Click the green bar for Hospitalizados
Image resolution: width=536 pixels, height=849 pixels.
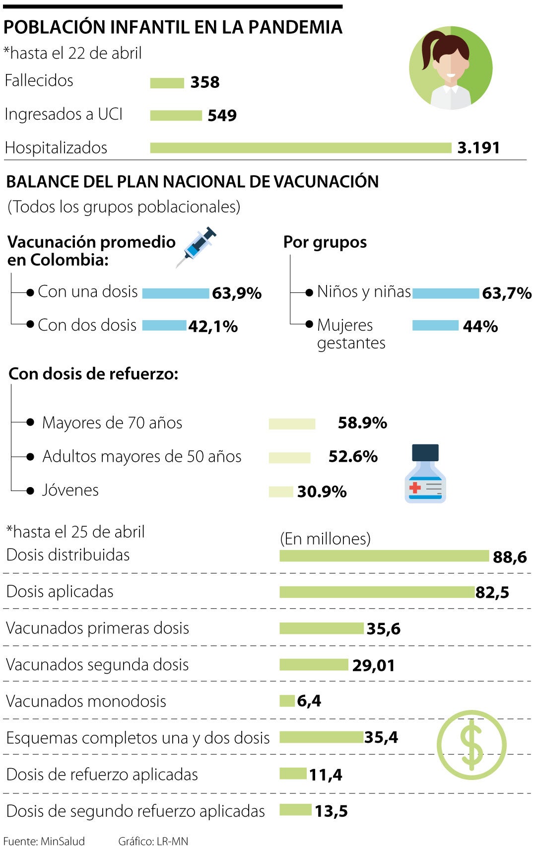pyautogui.click(x=300, y=148)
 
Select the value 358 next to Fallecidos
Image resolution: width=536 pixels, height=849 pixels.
pyautogui.click(x=204, y=82)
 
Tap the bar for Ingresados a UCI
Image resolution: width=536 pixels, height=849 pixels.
pyautogui.click(x=176, y=116)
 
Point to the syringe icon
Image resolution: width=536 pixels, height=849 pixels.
pyautogui.click(x=197, y=246)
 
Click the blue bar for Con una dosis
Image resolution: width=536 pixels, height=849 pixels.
pyautogui.click(x=176, y=293)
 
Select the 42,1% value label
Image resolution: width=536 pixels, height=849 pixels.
pyautogui.click(x=213, y=327)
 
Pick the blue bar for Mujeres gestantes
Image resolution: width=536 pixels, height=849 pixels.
pyautogui.click(x=435, y=326)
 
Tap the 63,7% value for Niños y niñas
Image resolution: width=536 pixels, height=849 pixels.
pyautogui.click(x=506, y=293)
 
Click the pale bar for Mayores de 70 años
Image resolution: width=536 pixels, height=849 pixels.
pyautogui.click(x=292, y=424)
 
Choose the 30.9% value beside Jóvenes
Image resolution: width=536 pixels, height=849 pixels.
pyautogui.click(x=322, y=492)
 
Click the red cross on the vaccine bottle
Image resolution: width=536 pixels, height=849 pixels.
pyautogui.click(x=415, y=487)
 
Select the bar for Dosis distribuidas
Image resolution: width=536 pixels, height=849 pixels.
pyautogui.click(x=384, y=556)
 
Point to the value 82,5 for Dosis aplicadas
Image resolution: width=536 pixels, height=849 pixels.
pyautogui.click(x=492, y=592)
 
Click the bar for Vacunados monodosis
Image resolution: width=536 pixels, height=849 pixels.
pyautogui.click(x=287, y=701)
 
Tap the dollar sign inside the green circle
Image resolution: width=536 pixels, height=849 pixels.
pyautogui.click(x=471, y=744)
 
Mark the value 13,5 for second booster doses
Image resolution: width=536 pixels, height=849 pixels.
pyautogui.click(x=331, y=811)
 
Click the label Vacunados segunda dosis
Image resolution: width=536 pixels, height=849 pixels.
pyautogui.click(x=97, y=665)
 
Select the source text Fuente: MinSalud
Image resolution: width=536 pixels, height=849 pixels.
pyautogui.click(x=44, y=841)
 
